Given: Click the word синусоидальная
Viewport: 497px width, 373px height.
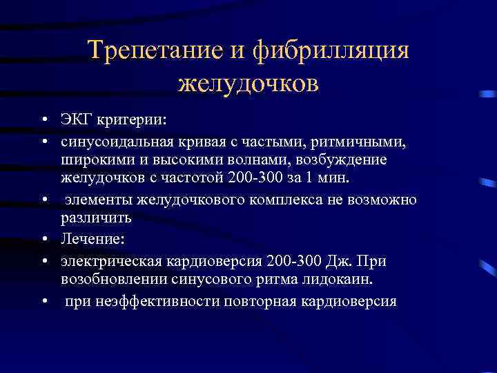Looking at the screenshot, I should [x=115, y=142].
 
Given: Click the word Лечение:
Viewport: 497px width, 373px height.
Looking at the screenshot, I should [x=90, y=239].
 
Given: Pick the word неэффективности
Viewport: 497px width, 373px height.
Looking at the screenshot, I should [x=161, y=301].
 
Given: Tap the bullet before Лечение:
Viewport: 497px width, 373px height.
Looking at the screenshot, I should [x=43, y=239].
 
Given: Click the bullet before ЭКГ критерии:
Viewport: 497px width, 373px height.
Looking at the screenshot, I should [x=43, y=122].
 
